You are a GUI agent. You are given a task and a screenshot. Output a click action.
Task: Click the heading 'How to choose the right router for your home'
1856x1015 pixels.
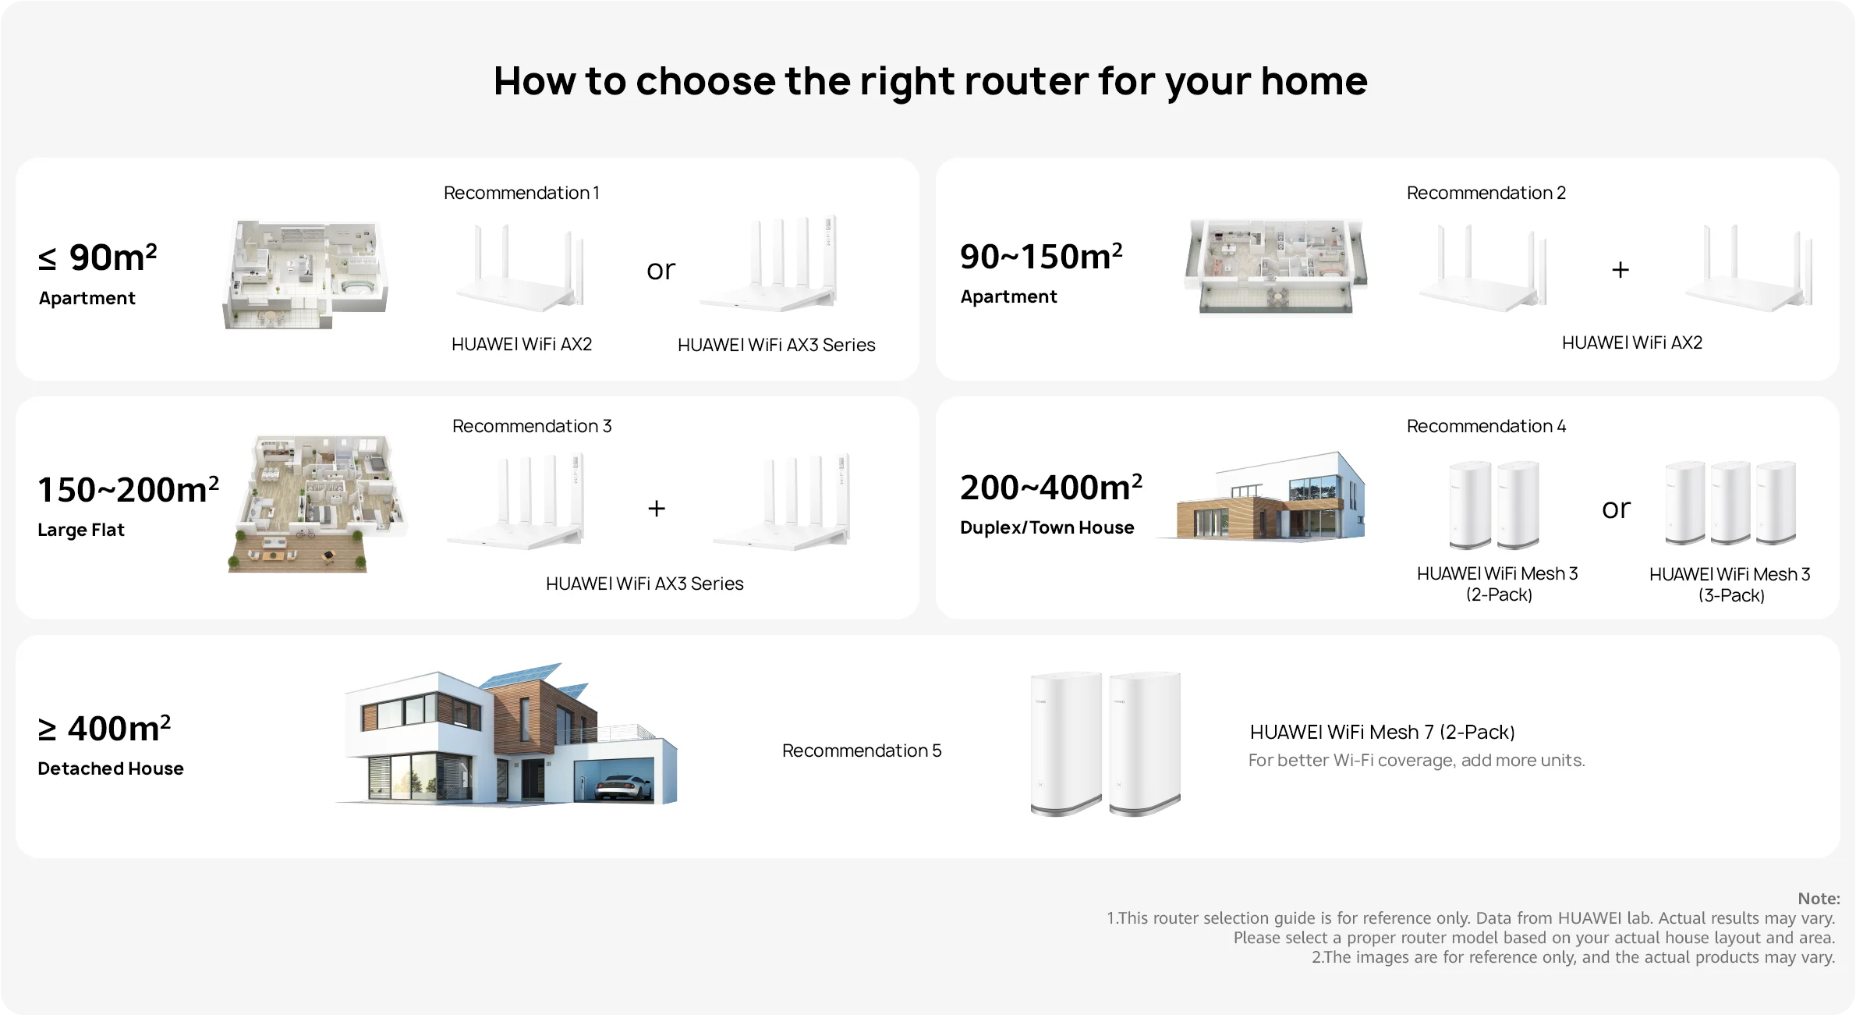coord(930,81)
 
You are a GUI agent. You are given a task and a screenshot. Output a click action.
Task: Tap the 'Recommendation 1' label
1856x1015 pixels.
coord(522,193)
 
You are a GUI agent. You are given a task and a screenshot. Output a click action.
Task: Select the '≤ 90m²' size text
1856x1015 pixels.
coord(98,257)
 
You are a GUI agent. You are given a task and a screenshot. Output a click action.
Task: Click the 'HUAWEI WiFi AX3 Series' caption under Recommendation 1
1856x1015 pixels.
coord(777,345)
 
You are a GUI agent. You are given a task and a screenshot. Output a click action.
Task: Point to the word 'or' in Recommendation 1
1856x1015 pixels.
coord(661,270)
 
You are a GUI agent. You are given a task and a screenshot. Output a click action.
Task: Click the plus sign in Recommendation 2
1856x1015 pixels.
coord(1620,270)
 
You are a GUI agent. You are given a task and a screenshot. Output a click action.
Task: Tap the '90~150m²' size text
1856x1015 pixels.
coord(1041,257)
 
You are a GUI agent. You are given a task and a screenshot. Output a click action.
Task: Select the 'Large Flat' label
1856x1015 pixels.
coord(81,530)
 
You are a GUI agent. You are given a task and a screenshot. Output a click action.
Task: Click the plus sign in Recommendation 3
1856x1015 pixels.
coord(657,509)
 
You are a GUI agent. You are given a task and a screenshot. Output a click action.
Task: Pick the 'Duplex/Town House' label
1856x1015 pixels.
coord(1047,527)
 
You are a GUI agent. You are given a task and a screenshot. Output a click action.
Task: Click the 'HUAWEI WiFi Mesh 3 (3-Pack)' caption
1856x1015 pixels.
coord(1730,584)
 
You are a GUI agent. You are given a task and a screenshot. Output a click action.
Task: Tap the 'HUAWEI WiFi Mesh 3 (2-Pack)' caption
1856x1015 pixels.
coord(1497,584)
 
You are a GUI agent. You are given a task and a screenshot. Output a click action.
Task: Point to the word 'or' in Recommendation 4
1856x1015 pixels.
coord(1616,509)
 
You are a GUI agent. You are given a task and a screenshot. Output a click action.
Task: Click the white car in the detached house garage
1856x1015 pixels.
coord(624,787)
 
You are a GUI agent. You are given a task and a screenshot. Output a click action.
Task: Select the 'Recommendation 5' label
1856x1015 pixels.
coord(862,751)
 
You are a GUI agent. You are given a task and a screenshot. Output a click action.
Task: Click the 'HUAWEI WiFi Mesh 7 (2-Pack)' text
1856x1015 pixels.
coord(1383,732)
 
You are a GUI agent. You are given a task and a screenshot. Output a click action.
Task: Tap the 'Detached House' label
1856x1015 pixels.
coord(111,768)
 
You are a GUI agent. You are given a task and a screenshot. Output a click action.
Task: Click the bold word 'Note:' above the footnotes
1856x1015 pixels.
coord(1819,899)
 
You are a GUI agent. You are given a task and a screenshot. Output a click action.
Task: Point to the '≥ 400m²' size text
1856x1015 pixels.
coord(104,729)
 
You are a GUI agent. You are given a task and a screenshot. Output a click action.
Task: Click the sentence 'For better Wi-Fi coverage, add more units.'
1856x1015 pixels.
coord(1417,760)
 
